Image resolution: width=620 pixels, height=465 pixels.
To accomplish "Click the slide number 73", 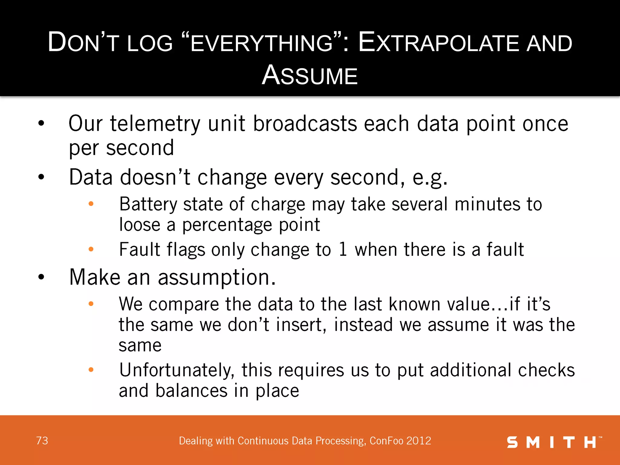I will pos(42,440).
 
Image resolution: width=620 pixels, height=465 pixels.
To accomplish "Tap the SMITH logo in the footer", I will pos(553,442).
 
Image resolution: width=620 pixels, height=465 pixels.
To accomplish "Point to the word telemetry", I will pos(155,124).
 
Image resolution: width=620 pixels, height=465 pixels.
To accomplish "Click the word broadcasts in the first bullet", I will pos(305,124).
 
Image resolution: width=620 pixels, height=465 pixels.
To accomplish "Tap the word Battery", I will pos(148,204).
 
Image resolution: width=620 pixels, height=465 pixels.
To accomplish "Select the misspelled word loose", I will pos(140,225).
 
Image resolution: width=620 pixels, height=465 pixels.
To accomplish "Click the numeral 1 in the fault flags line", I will pos(343,249).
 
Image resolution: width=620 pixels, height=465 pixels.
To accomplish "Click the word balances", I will pos(191,391).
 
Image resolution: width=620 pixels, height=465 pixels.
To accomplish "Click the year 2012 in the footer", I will pos(419,441).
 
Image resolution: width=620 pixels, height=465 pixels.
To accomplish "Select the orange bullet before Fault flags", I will pos(91,249).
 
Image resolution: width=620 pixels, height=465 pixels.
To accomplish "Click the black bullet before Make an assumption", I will pos(41,277).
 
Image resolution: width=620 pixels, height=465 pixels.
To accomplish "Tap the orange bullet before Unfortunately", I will pos(91,370).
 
